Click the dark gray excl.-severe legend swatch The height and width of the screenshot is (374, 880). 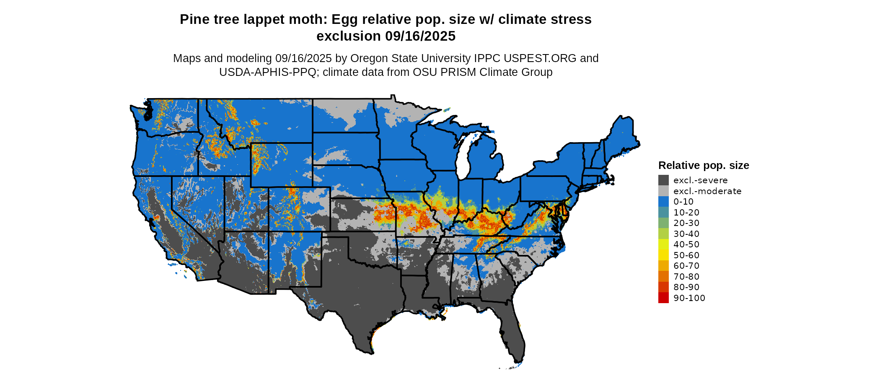[x=663, y=180]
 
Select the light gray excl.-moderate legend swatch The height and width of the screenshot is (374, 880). [x=663, y=191]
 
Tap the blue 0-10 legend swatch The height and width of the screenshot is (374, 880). [x=663, y=202]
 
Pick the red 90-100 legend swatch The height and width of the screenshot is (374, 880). [x=663, y=298]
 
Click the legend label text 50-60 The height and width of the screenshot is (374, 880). [x=686, y=255]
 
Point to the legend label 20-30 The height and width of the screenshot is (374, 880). [x=686, y=223]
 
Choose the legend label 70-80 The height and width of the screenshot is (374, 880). [x=686, y=277]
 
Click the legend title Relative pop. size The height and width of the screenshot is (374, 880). [x=704, y=166]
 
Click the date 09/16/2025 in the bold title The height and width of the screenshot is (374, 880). [x=420, y=36]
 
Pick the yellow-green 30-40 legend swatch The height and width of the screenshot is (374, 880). [x=663, y=234]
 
